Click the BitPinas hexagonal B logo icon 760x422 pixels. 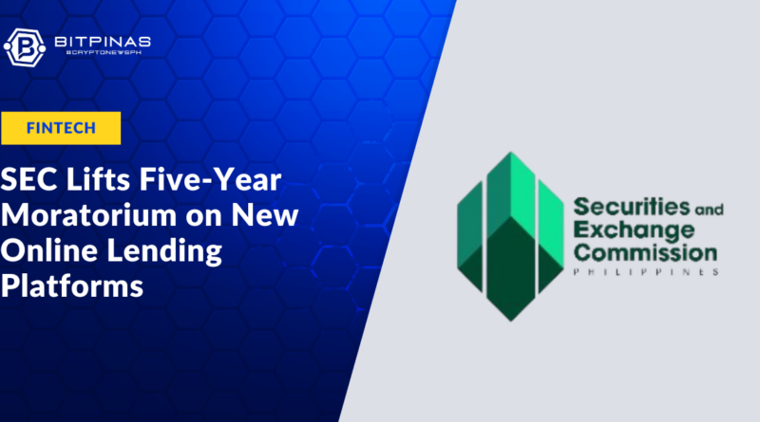pos(25,47)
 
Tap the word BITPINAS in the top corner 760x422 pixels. pos(103,42)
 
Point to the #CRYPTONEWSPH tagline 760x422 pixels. pos(104,52)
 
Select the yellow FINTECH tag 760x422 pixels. pos(61,128)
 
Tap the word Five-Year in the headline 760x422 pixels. pos(210,179)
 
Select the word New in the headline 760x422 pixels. pos(265,215)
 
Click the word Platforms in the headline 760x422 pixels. pos(72,286)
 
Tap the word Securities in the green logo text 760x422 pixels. pos(632,207)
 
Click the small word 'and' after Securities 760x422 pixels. pos(709,209)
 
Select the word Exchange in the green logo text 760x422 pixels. pos(634,230)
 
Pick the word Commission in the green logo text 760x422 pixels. pos(645,252)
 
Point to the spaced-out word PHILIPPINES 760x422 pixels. pos(646,272)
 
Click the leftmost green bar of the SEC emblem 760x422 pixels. pos(469,237)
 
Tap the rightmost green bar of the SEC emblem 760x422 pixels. pos(551,237)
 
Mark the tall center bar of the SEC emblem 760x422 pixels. pos(511,237)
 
